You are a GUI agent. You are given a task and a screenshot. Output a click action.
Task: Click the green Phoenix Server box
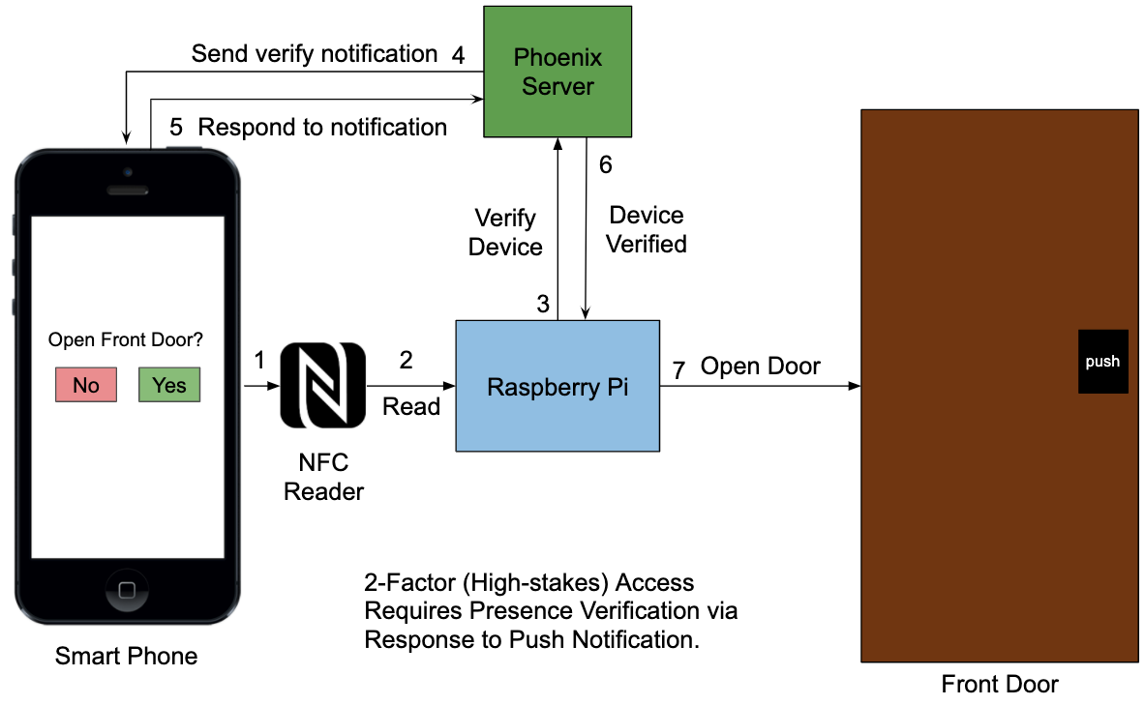(x=557, y=72)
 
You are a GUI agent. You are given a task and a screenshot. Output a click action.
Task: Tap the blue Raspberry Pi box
(x=557, y=387)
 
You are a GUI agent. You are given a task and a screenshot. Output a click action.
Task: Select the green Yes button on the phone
(x=169, y=385)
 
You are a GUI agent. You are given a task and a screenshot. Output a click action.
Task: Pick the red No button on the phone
(x=86, y=385)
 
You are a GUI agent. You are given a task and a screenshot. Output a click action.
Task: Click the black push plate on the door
(x=1102, y=362)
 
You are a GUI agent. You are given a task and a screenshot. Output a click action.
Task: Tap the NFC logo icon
(x=322, y=386)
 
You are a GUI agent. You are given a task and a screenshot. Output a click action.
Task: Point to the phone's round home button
(x=127, y=589)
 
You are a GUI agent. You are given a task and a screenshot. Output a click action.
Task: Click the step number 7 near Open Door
(x=678, y=368)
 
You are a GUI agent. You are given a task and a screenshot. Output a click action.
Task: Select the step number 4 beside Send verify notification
(x=459, y=54)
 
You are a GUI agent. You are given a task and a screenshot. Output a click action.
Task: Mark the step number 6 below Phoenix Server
(x=606, y=165)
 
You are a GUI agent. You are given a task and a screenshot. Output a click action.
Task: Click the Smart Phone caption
(x=126, y=657)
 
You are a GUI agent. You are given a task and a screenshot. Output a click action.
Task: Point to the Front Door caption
(x=1000, y=685)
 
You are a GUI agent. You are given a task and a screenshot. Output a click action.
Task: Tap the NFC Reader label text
(x=323, y=478)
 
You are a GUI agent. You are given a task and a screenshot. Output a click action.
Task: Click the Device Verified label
(x=646, y=230)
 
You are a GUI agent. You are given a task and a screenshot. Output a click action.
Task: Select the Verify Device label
(x=505, y=233)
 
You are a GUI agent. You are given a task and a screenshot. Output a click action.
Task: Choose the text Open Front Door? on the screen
(x=127, y=340)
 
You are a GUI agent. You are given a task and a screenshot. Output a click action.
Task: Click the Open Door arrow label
(x=760, y=367)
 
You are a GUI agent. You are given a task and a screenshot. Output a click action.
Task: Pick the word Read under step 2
(x=411, y=406)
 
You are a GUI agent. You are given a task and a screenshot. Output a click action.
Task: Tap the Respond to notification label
(x=322, y=127)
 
